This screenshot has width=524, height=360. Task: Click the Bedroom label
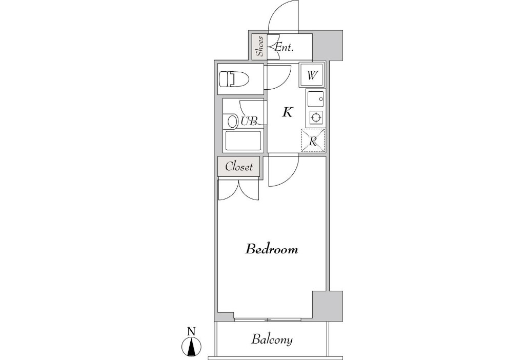pos(271,249)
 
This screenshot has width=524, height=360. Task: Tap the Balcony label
pos(272,339)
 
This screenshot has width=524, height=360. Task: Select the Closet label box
pos(238,167)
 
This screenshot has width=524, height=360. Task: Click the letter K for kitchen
pos(288,112)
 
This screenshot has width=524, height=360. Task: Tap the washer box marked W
pos(312,75)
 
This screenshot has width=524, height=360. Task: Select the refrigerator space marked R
pos(313,141)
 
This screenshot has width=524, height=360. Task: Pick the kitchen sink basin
pos(315,99)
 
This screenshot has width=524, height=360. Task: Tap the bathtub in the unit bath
pos(243,141)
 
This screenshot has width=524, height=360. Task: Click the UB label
pos(249,121)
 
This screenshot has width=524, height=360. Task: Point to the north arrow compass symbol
pos(191,346)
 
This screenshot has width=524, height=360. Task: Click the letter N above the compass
pos(191,332)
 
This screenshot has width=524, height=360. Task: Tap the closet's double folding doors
pos(238,190)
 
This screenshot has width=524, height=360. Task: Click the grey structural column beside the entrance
pos(328,45)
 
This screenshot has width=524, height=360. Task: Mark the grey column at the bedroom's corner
pos(328,306)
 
